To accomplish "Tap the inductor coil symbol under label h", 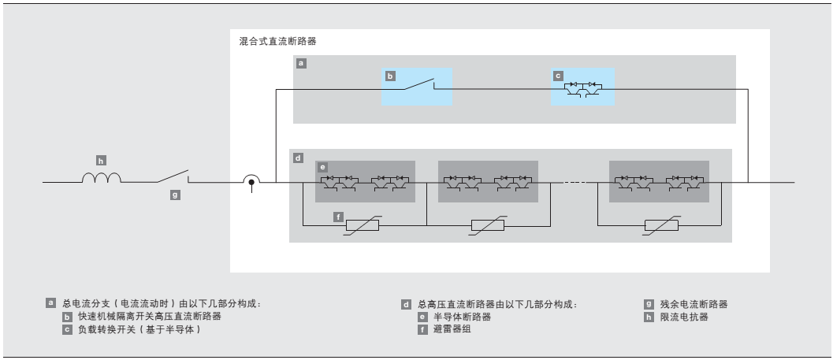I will click(101, 179).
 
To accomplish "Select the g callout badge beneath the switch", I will click(175, 194).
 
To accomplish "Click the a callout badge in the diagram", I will click(300, 61).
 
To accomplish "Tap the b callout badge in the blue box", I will click(389, 76).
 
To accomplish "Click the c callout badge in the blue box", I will click(558, 76).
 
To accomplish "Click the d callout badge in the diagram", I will click(297, 158).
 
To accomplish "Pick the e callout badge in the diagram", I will click(322, 167).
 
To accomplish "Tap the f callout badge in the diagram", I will click(337, 216).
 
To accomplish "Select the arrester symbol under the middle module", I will click(488, 226).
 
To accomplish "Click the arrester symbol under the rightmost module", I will click(660, 226).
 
